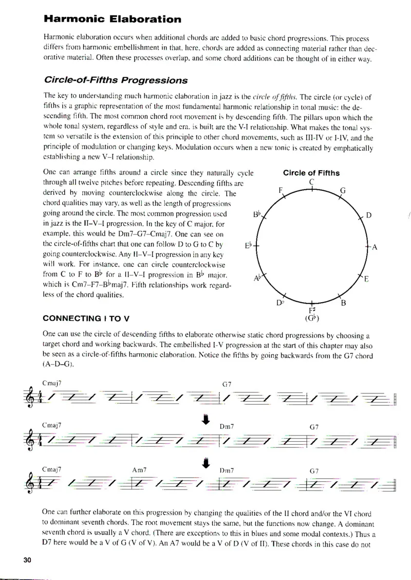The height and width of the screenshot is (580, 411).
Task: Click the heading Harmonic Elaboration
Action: [112, 20]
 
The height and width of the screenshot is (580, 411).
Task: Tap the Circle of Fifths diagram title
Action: [311, 173]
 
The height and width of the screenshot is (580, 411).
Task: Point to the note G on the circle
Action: [343, 191]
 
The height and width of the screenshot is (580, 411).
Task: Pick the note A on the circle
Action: [375, 247]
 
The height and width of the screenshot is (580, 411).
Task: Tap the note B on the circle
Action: [343, 303]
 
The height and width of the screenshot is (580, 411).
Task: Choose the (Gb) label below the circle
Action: [312, 319]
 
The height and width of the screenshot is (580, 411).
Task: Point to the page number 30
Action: [27, 560]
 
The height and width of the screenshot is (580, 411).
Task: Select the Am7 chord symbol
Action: [139, 470]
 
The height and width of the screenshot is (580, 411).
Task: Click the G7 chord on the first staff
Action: [227, 384]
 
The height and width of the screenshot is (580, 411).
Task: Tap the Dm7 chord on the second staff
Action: [227, 427]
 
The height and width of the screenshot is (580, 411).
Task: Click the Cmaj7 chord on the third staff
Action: [52, 469]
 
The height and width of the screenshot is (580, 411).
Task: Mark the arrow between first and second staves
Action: [206, 421]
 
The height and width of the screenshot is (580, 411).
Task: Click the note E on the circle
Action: [366, 280]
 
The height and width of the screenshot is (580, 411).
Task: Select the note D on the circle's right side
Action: [368, 215]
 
